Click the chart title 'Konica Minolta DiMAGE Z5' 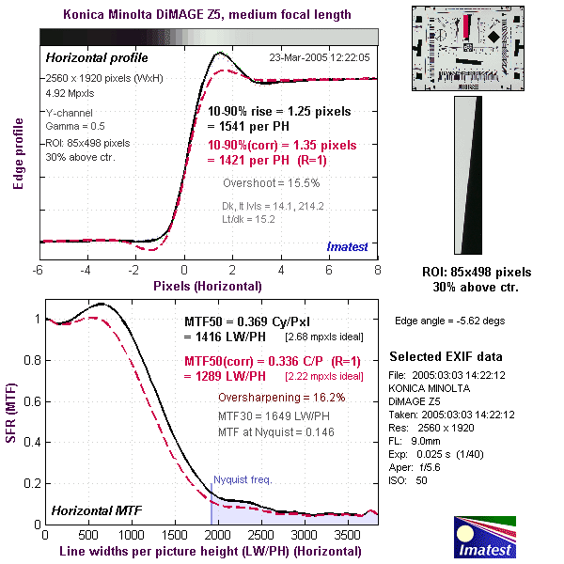click(x=207, y=14)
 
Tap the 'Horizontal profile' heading click(x=92, y=57)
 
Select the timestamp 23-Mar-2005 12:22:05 click(x=320, y=57)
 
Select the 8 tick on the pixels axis click(x=377, y=270)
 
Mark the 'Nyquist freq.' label click(x=243, y=479)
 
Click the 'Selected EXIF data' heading click(x=446, y=357)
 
